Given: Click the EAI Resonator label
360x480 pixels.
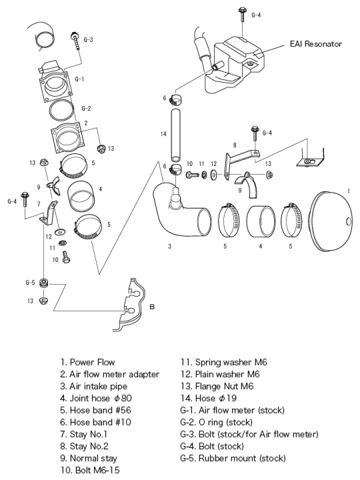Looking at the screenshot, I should point(315,44).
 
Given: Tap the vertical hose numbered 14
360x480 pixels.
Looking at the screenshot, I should point(175,133).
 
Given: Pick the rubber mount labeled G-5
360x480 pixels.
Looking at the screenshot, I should point(43,283).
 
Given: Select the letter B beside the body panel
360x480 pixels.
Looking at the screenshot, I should point(152,306).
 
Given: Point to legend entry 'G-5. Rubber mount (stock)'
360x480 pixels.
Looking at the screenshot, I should point(233,458).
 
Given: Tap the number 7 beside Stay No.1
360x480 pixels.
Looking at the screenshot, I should point(38,204).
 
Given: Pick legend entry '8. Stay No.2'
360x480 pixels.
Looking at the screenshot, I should point(84,446).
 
